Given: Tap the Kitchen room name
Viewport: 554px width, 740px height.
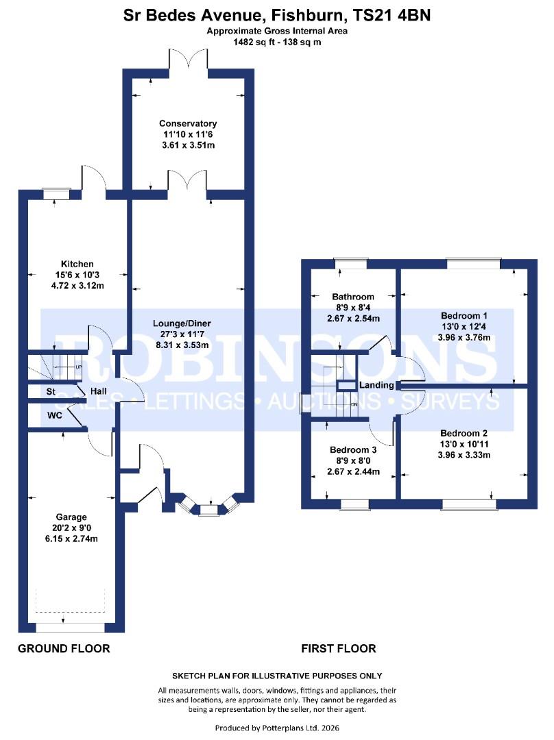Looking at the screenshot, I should (x=77, y=264).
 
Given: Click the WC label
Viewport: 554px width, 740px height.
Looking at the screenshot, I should (x=56, y=415).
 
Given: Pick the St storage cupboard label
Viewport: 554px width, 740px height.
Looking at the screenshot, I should (x=51, y=392).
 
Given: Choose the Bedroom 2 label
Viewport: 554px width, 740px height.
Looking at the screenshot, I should (x=464, y=433).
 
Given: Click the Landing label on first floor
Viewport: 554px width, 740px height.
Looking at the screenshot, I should (x=376, y=385).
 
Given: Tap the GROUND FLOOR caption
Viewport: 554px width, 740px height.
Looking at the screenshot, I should (x=63, y=648).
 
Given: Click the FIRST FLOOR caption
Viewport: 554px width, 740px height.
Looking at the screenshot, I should (x=339, y=648).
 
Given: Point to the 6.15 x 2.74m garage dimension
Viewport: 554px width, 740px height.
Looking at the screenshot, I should (x=73, y=539).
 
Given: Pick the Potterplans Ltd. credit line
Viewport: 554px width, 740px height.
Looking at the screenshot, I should (x=277, y=728).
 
